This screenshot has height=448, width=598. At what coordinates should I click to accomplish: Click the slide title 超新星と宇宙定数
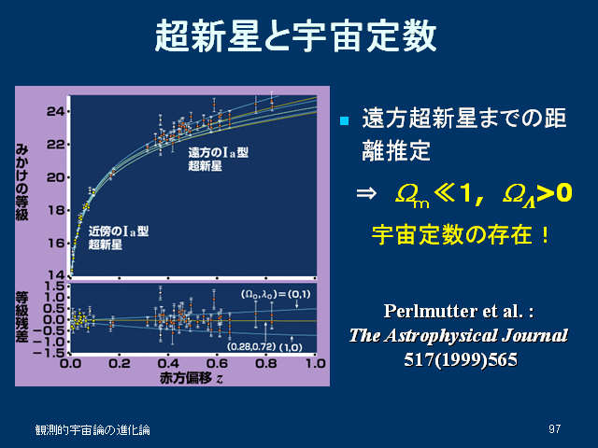295,35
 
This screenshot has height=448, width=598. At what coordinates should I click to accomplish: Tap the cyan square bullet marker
344,120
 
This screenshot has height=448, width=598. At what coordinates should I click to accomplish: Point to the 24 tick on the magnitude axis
56,112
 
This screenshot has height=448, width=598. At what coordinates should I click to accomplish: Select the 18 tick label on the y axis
56,210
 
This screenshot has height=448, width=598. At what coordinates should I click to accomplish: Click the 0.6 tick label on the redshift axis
217,363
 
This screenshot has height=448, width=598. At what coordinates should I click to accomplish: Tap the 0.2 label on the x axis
120,363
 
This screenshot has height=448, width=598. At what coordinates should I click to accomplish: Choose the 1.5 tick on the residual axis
54,287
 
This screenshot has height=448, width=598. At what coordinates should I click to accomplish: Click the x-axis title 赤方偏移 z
191,378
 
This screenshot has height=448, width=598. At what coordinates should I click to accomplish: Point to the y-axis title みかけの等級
21,182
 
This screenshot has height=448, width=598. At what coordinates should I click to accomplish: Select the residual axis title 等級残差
21,317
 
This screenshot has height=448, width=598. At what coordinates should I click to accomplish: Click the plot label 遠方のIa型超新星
218,160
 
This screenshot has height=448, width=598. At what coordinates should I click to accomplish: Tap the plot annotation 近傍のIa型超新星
119,238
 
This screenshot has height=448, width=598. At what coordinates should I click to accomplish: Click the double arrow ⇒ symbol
366,193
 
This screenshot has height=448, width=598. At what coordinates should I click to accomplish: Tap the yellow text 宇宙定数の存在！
461,234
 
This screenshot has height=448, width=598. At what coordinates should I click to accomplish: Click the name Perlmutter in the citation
430,311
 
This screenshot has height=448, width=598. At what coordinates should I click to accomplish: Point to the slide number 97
554,429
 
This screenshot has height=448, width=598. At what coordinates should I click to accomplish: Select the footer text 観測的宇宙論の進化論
93,429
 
